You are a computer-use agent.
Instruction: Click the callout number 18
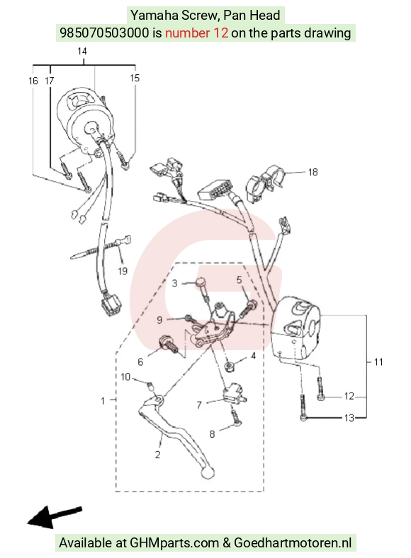[313, 173]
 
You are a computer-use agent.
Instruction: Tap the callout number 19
[123, 271]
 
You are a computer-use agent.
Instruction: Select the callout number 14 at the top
[82, 51]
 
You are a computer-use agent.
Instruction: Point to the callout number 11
[378, 362]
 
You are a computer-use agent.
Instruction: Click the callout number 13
[349, 418]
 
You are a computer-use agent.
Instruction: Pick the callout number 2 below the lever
[157, 455]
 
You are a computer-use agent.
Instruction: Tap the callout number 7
[199, 405]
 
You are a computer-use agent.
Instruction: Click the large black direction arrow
[55, 517]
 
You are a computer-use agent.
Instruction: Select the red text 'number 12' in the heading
[196, 33]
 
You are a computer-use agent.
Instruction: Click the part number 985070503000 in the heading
[104, 33]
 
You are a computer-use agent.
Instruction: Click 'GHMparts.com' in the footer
[174, 543]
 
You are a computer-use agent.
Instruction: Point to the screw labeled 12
[320, 389]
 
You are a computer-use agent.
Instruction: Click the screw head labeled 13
[303, 418]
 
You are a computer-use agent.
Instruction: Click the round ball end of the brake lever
[207, 472]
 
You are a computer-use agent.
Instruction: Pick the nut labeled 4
[228, 366]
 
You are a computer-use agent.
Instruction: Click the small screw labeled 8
[236, 417]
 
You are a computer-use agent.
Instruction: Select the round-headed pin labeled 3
[203, 289]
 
